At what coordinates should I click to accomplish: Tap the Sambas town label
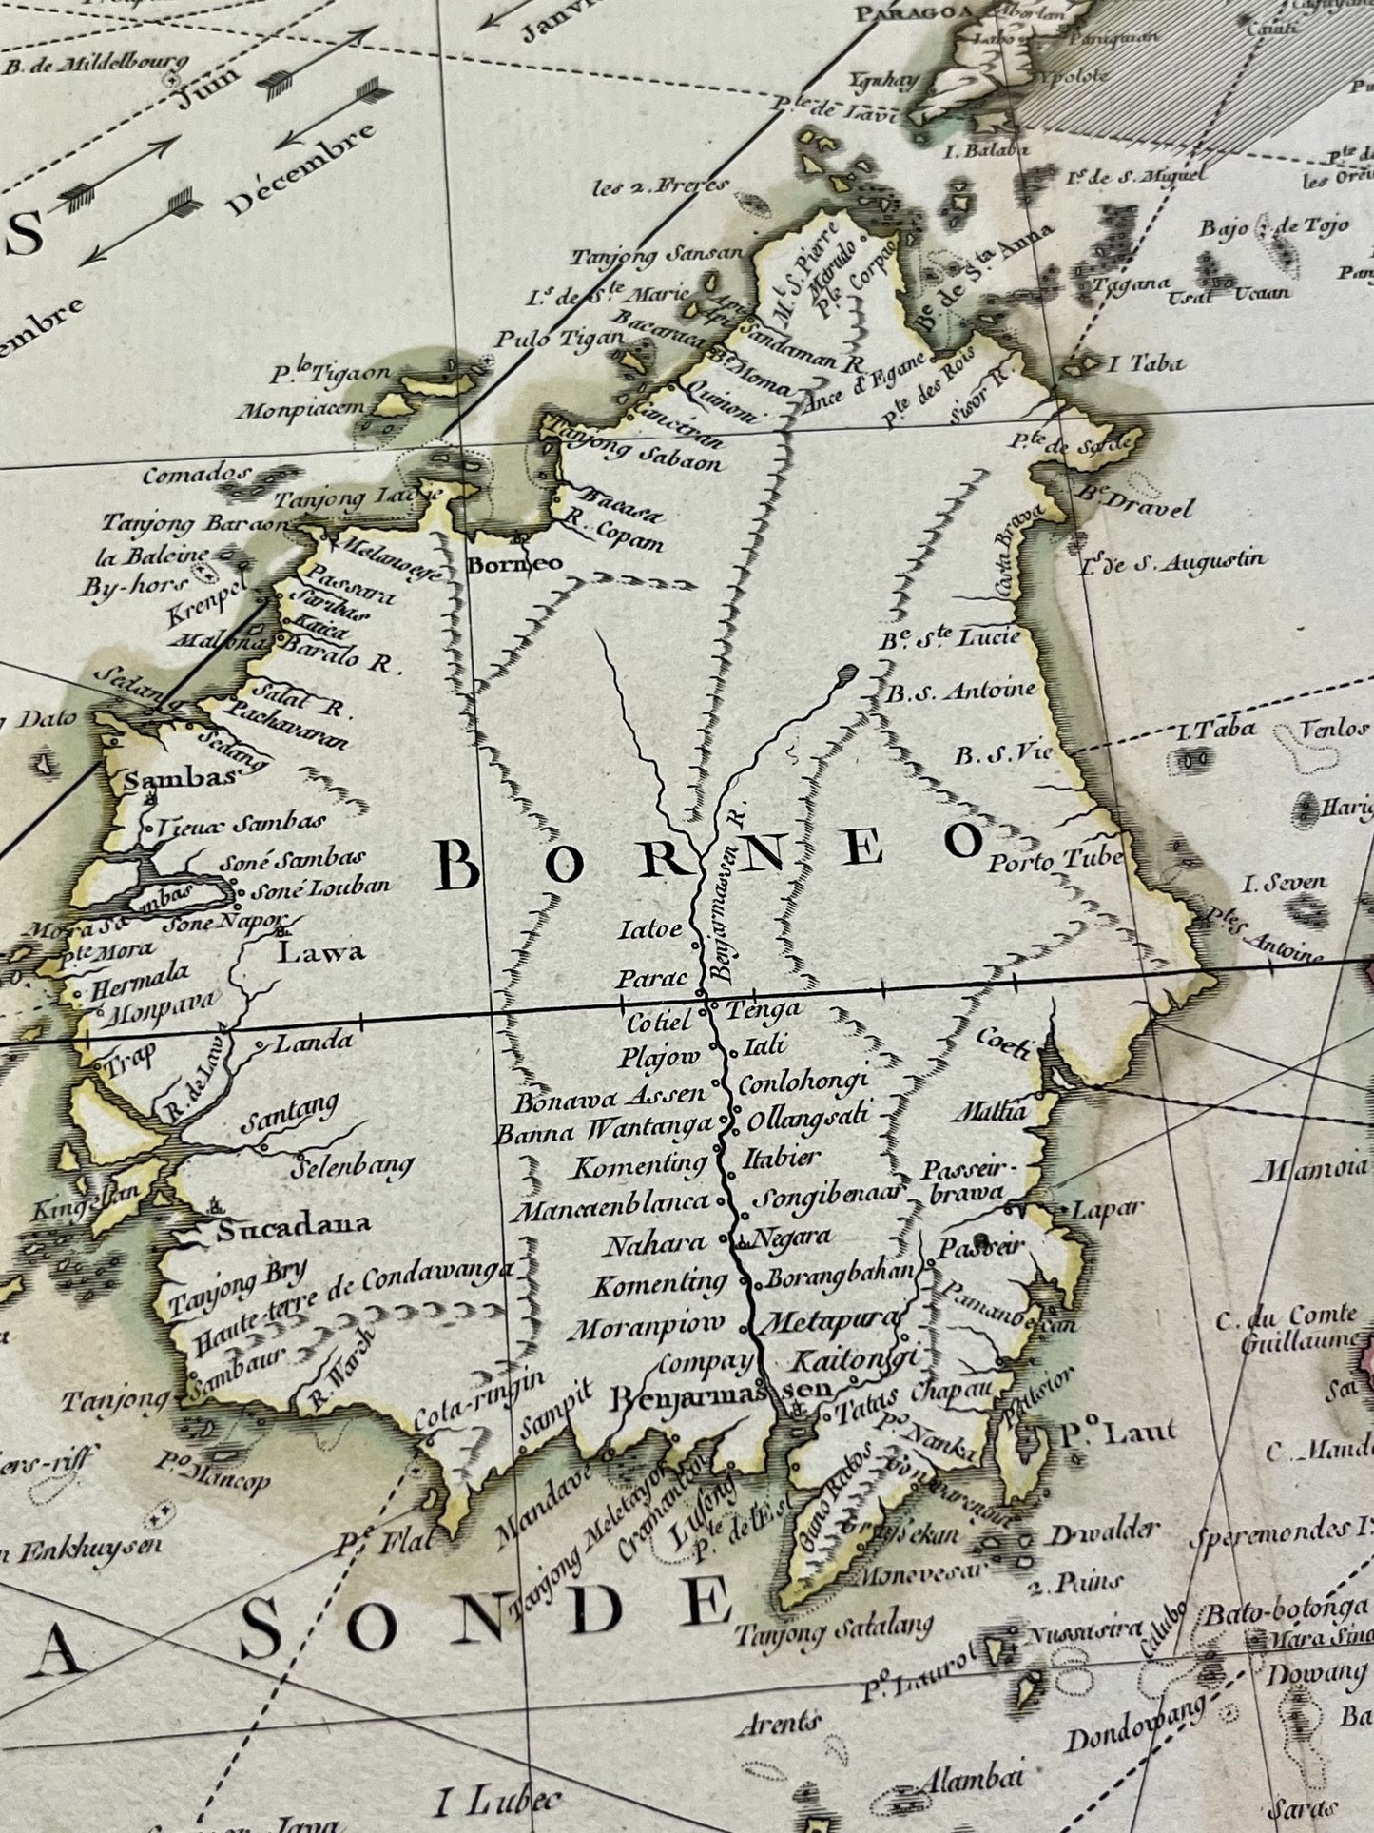pos(180,778)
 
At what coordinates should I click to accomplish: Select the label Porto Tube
pos(1056,862)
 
